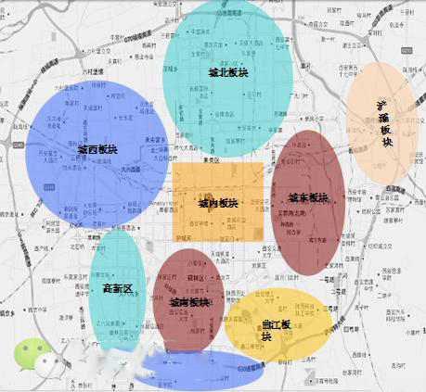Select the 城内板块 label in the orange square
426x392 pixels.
(x=218, y=203)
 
